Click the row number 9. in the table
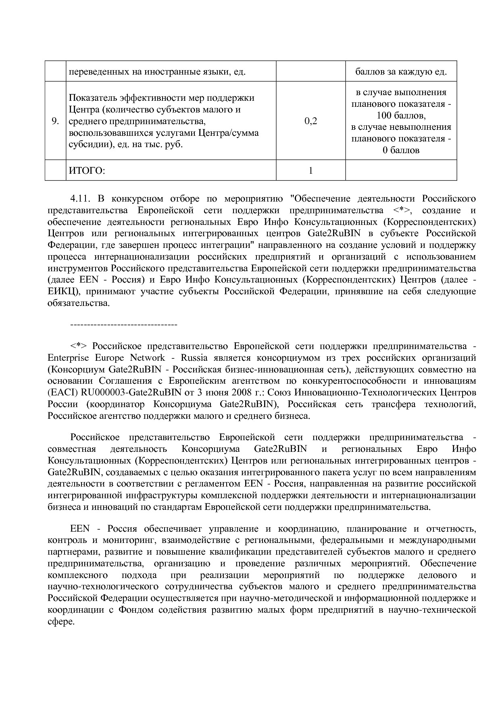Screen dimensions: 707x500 click(55, 121)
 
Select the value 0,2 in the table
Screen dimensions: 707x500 click(310, 121)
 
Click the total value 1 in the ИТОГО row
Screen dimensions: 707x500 click(310, 171)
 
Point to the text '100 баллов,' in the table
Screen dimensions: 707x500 click(401, 116)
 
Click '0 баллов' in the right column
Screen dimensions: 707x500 click(401, 150)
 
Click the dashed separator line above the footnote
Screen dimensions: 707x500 click(124, 324)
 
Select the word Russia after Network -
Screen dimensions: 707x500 click(194, 358)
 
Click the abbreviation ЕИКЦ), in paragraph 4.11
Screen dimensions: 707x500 click(63, 291)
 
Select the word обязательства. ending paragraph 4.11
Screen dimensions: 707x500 click(79, 303)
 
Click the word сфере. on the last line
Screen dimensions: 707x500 click(61, 622)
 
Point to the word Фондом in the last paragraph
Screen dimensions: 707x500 click(136, 610)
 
